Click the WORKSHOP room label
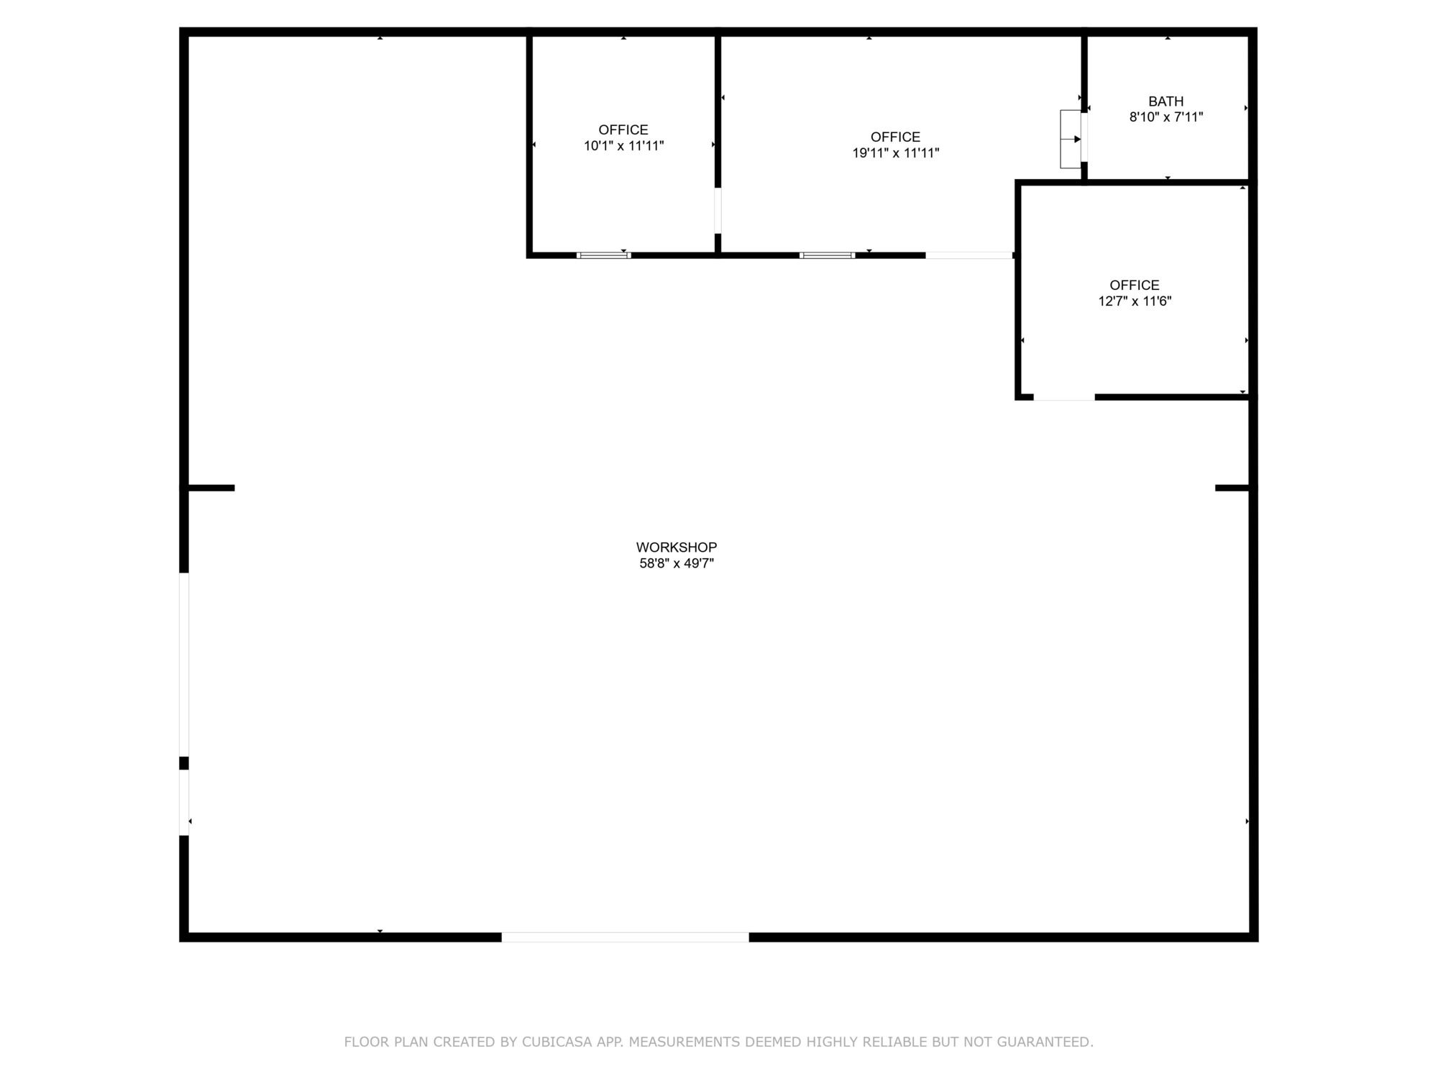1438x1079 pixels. point(676,547)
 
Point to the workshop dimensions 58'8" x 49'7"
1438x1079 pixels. point(677,563)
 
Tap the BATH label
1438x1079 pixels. point(1165,101)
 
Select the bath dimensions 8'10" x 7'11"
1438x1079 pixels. point(1166,117)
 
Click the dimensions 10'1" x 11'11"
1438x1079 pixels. point(623,146)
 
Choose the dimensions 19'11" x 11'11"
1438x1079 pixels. point(896,153)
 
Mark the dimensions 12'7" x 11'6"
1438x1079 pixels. point(1135,301)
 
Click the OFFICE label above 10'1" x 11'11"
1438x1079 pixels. point(623,130)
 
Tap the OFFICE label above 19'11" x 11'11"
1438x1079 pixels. point(895,137)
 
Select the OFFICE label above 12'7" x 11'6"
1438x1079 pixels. point(1135,286)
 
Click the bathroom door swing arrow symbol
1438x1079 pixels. point(1071,139)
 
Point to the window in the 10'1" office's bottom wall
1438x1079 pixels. point(604,255)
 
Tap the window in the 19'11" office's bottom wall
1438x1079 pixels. point(828,255)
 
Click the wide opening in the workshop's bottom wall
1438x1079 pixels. point(625,937)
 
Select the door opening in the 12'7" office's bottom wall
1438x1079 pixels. point(1064,397)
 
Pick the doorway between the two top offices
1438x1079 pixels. point(718,210)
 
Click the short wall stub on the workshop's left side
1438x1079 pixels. point(208,488)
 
